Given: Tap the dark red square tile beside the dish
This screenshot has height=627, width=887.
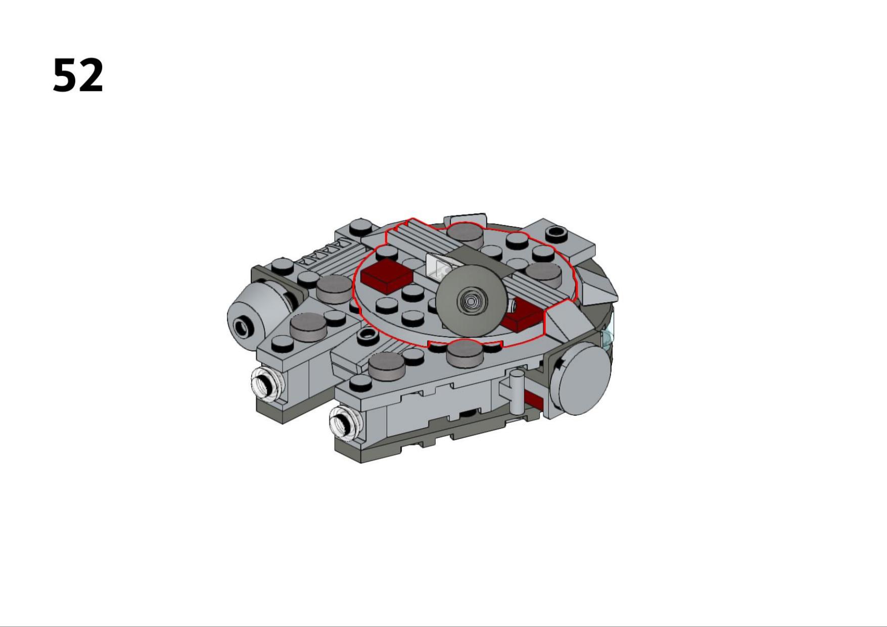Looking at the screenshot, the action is point(386,276).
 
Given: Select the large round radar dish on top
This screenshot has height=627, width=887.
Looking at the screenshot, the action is point(471,300).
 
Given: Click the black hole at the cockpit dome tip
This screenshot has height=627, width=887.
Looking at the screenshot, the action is point(243,329).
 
